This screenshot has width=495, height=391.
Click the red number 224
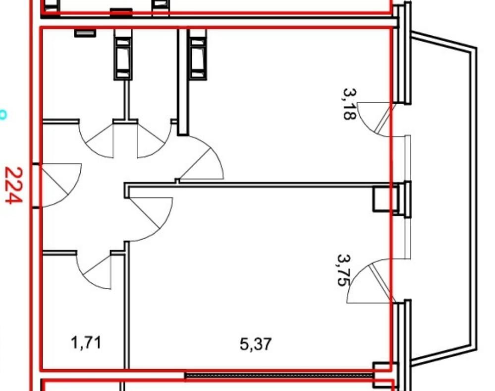click(14, 186)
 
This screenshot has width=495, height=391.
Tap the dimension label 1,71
click(86, 343)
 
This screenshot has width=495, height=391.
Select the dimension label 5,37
click(256, 344)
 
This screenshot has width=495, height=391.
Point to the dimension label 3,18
click(350, 104)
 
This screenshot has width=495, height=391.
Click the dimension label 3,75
click(344, 270)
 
